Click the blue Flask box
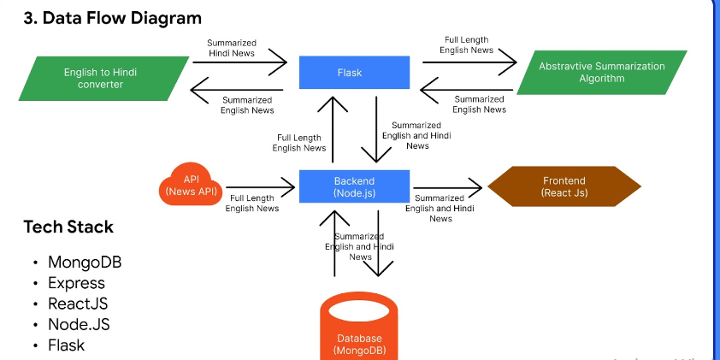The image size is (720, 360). click(x=354, y=73)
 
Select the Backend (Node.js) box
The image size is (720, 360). click(x=354, y=186)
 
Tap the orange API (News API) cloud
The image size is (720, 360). click(x=191, y=185)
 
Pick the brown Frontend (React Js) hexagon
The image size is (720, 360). click(x=564, y=186)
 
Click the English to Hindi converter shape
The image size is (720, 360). click(x=103, y=79)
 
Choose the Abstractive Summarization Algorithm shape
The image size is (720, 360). click(x=601, y=73)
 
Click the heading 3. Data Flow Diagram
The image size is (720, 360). click(x=113, y=18)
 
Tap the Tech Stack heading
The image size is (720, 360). click(x=68, y=227)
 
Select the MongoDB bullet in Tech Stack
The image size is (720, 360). click(x=85, y=263)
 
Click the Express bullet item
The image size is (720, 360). click(x=76, y=283)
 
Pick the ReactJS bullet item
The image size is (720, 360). click(x=78, y=304)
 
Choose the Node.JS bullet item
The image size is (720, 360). click(x=79, y=324)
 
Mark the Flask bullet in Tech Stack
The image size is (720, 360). click(x=66, y=345)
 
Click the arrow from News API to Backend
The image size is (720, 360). click(x=260, y=187)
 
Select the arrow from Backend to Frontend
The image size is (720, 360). click(x=448, y=187)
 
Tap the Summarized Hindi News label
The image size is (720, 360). click(x=232, y=48)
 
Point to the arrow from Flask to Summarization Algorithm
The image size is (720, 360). click(x=469, y=62)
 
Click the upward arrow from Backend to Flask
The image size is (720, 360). click(x=333, y=129)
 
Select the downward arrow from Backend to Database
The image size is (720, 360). click(x=378, y=244)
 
